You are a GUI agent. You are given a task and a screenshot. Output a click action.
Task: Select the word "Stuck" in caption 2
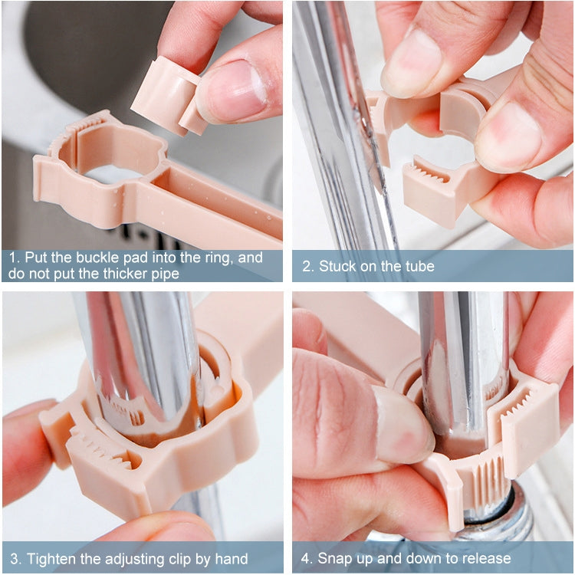(x=338, y=266)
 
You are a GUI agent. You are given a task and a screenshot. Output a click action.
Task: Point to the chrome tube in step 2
(x=337, y=115)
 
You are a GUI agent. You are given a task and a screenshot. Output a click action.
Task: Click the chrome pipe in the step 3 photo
(x=138, y=353)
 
